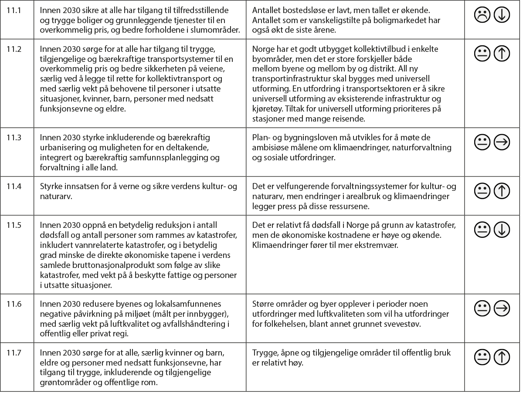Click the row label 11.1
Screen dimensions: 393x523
point(14,10)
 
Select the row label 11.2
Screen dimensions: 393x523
point(14,49)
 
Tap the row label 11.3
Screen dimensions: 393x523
point(14,138)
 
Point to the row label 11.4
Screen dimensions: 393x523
point(14,186)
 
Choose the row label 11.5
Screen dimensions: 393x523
point(14,225)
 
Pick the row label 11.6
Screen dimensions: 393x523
point(14,304)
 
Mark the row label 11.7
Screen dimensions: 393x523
point(14,352)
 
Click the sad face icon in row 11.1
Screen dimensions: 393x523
point(482,15)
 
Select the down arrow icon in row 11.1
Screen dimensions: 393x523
point(502,15)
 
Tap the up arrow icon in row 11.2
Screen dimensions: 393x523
point(502,54)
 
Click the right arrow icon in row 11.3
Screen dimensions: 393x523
point(502,142)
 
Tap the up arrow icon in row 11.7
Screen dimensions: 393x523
point(502,357)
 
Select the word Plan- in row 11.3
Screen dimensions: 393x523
point(261,138)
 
